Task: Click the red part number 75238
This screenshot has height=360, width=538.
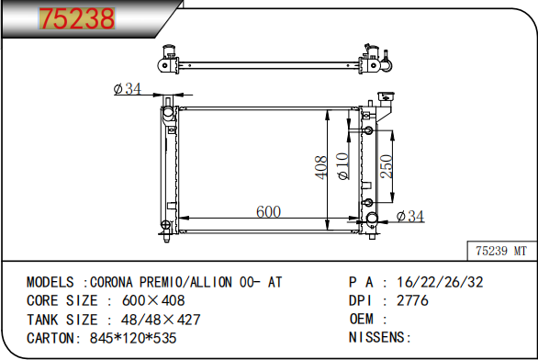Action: click(77, 18)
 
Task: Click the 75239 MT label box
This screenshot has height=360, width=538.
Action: click(501, 251)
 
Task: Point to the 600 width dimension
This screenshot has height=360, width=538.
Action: click(268, 211)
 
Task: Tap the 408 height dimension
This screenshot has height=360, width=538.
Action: click(320, 167)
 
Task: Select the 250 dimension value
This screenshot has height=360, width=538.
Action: click(387, 166)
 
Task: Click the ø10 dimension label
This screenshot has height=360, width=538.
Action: click(343, 166)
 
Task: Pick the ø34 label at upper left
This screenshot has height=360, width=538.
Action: click(127, 88)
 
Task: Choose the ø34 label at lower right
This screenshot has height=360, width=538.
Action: click(410, 216)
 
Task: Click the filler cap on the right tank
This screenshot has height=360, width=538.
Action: click(386, 96)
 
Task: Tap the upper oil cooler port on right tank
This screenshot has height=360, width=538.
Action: click(368, 130)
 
